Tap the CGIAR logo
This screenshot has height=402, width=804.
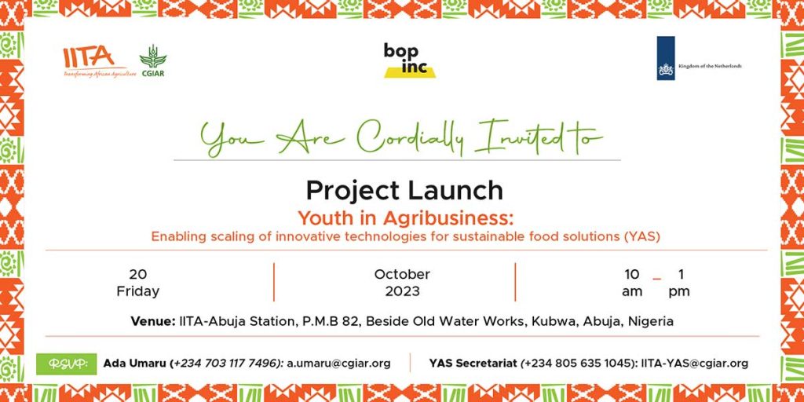point(153,60)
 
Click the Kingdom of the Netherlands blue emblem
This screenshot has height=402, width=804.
point(666,58)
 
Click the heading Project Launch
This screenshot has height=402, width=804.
point(404,190)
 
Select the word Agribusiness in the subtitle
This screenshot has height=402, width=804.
point(448,218)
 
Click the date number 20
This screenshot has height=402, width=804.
point(137,274)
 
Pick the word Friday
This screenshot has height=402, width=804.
point(138,291)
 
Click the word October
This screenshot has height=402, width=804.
point(402,274)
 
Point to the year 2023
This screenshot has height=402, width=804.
point(403,291)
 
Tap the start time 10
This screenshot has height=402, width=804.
point(632,274)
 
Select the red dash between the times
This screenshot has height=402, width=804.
point(657,280)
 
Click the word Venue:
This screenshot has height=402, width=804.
point(153,321)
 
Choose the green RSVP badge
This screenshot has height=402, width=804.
point(66,364)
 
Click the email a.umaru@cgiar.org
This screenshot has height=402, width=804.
point(338,364)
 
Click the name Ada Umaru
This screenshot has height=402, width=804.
point(136,364)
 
